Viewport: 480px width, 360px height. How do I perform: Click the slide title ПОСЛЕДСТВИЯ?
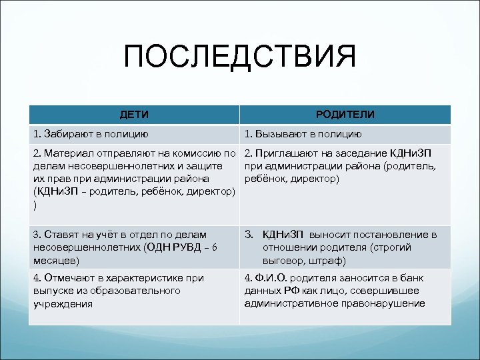coord(240,57)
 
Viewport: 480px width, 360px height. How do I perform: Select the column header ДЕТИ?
coord(134,114)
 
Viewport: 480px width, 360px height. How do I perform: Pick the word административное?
coord(287,303)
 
